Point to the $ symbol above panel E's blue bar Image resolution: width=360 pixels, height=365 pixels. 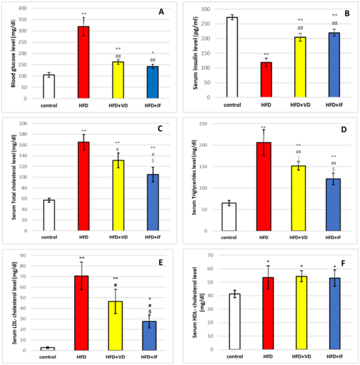(150, 312)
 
